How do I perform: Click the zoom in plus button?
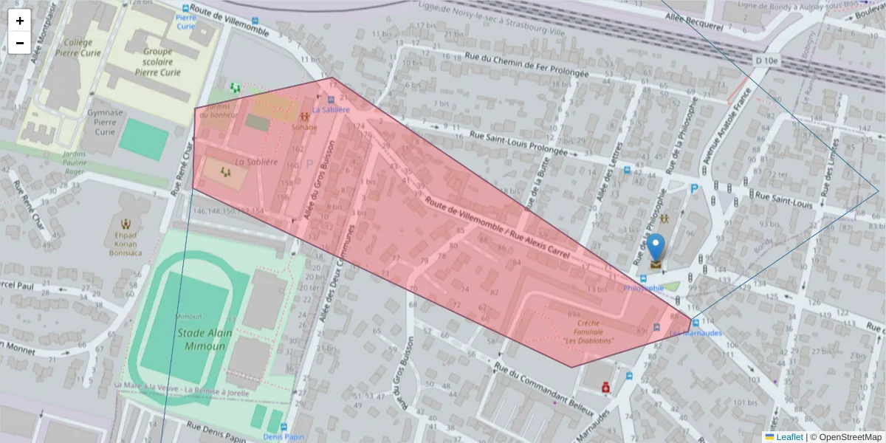coord(20,21)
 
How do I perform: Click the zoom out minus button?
coord(20,43)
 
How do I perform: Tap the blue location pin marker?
coord(656,247)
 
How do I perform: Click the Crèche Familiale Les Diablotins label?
coord(588,332)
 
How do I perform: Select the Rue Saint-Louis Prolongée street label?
coord(518,143)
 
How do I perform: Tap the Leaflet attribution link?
coord(789,436)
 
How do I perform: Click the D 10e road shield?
coord(767,60)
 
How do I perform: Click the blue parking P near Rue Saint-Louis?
coord(694,189)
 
